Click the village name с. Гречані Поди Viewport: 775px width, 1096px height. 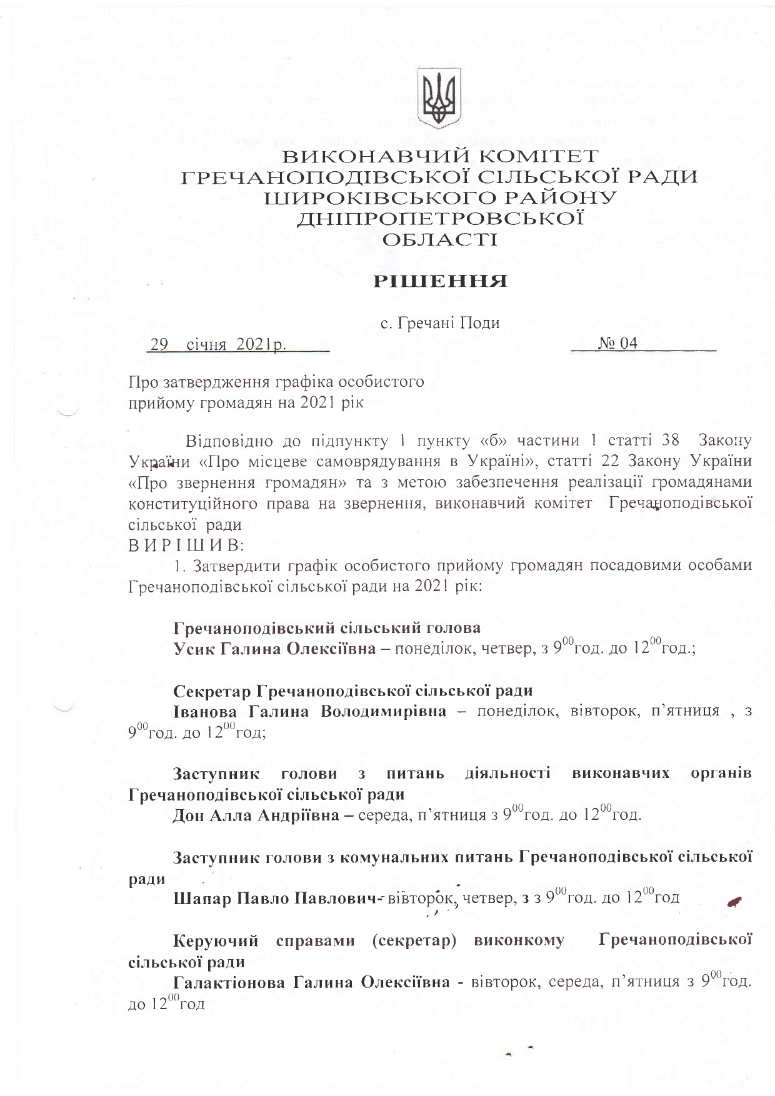click(x=440, y=323)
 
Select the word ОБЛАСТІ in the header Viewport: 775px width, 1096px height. click(x=440, y=239)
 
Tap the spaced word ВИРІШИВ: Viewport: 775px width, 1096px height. click(x=185, y=545)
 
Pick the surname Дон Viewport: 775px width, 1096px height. click(x=189, y=815)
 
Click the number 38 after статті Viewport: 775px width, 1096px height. click(x=669, y=440)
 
